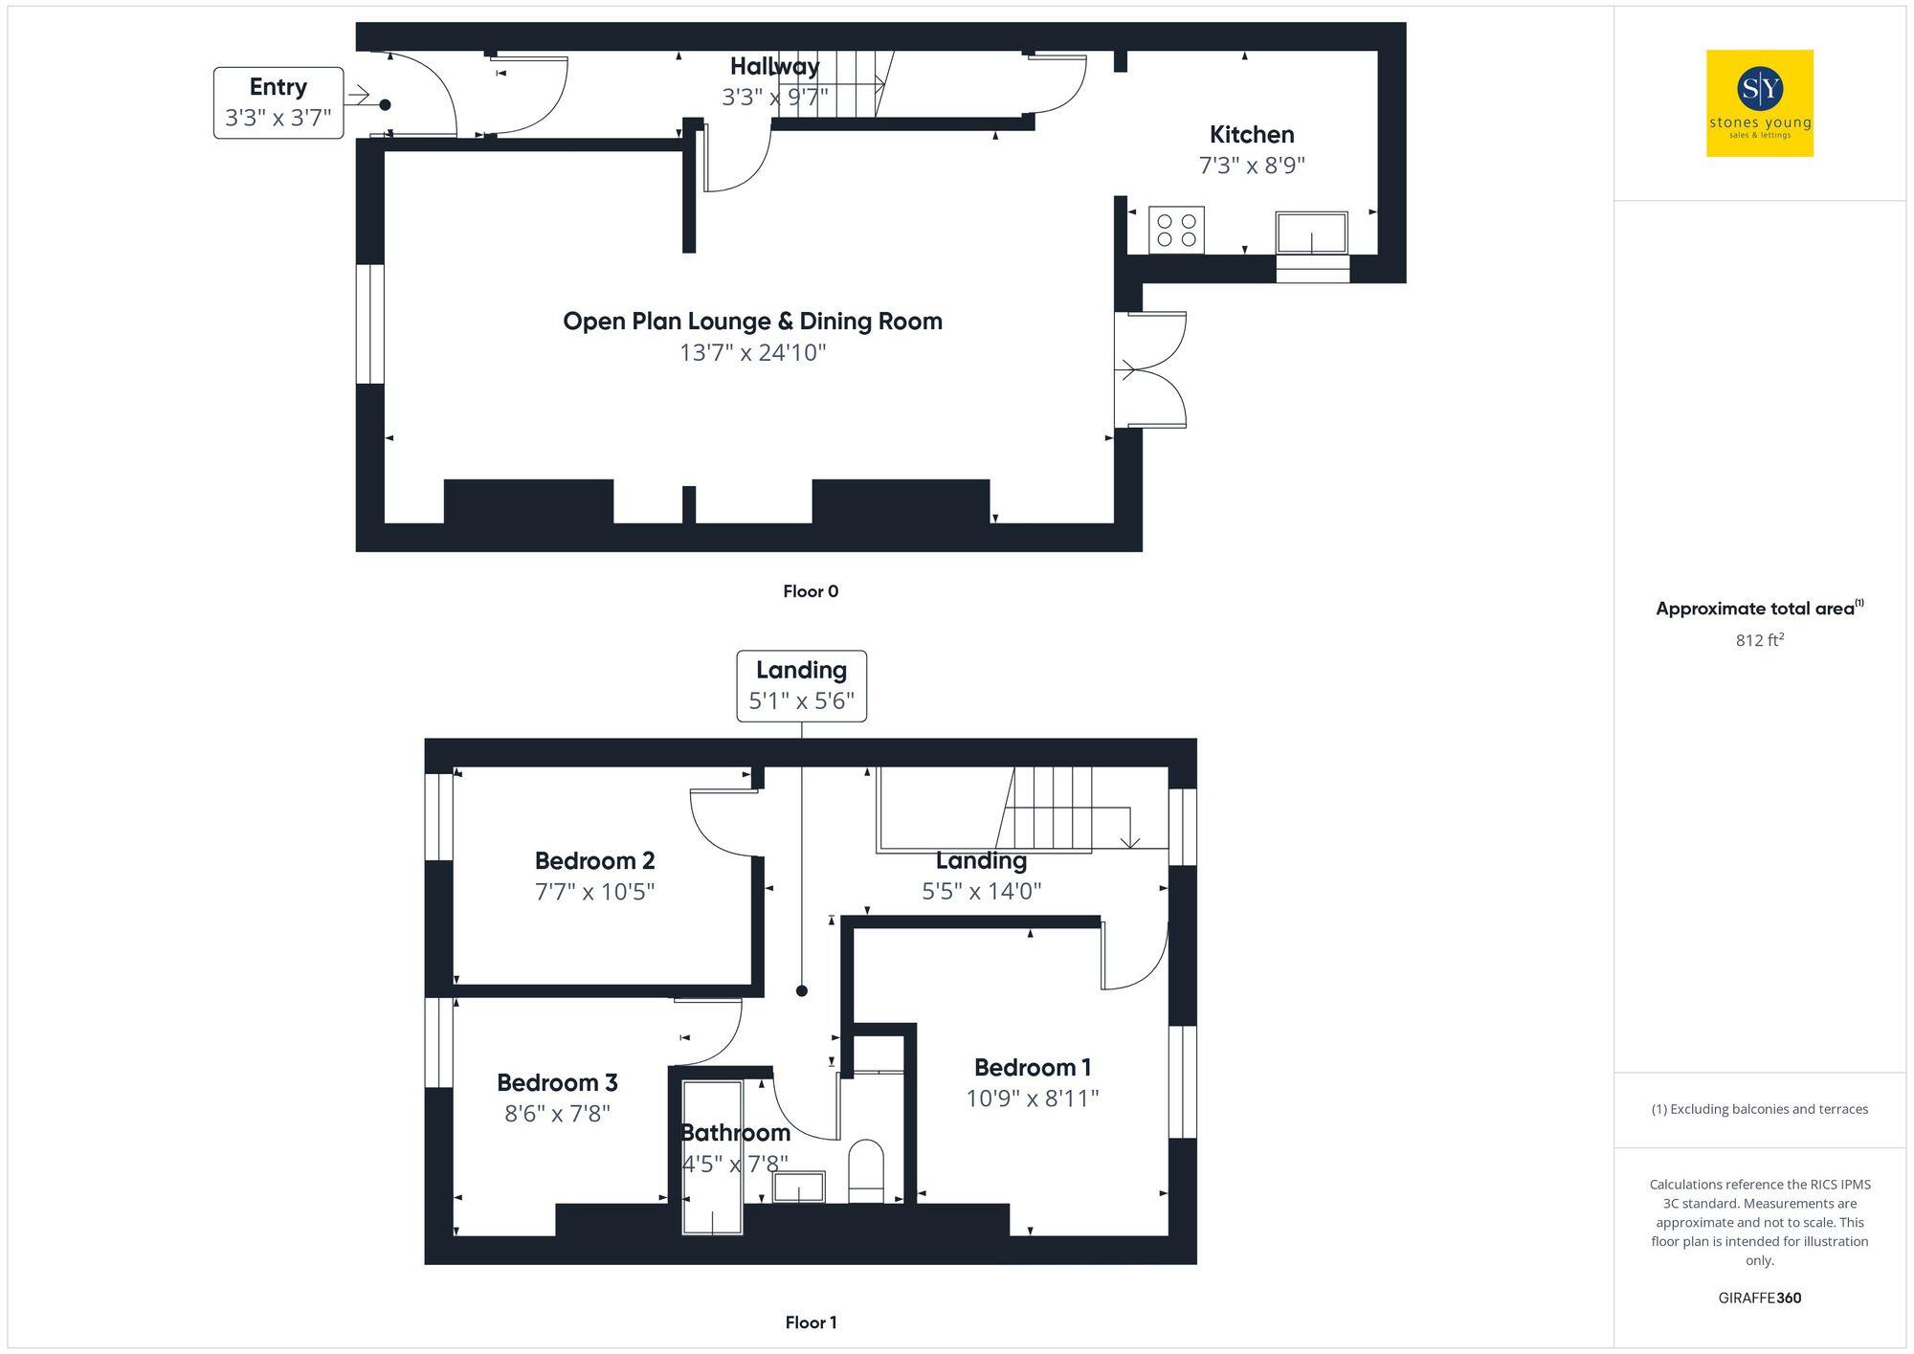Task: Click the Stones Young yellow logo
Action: [1759, 103]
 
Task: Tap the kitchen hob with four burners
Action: [1176, 230]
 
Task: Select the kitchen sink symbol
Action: [1311, 233]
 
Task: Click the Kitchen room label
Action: [1251, 135]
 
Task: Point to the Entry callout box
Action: [278, 102]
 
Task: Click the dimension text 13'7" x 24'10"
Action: [752, 353]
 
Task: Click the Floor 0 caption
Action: [811, 591]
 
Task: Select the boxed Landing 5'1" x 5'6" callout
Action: [801, 685]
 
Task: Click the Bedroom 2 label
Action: [594, 860]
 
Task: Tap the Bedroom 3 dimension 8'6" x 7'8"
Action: [557, 1114]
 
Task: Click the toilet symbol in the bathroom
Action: [866, 1170]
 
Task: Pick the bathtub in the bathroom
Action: [712, 1158]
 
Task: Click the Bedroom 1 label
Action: [1032, 1067]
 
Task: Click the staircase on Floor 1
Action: [1053, 809]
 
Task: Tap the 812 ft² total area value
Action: [1759, 640]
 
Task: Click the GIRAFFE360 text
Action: [1759, 1299]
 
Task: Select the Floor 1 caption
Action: [811, 1322]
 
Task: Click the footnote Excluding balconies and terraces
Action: [1759, 1109]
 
